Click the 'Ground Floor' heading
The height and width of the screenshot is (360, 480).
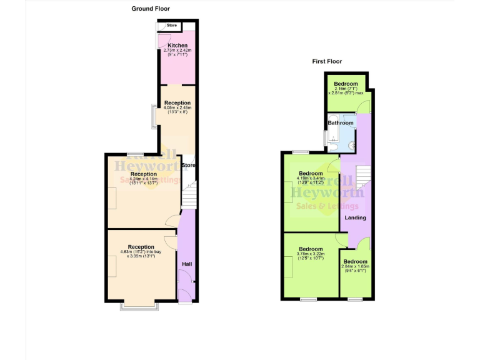(x=151, y=9)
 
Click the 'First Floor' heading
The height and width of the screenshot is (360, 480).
(x=327, y=61)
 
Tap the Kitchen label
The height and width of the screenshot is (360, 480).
(x=177, y=46)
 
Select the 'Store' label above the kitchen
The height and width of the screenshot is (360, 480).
(x=172, y=26)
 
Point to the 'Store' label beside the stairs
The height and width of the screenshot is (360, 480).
(x=189, y=165)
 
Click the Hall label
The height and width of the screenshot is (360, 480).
(x=186, y=264)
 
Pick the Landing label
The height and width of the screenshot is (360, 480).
(x=356, y=217)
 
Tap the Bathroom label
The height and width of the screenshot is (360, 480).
(x=341, y=123)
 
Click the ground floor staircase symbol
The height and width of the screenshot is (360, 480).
(x=189, y=195)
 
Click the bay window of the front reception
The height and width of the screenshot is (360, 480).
(x=139, y=307)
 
